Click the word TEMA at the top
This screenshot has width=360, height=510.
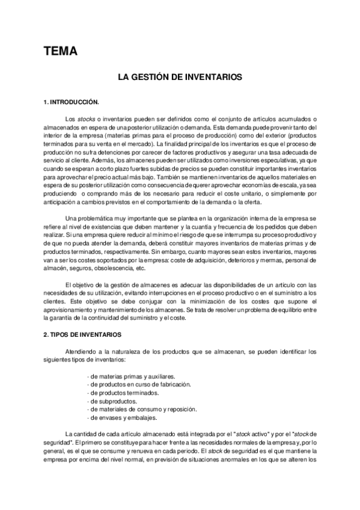61,52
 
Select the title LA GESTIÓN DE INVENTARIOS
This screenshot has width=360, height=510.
179,78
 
